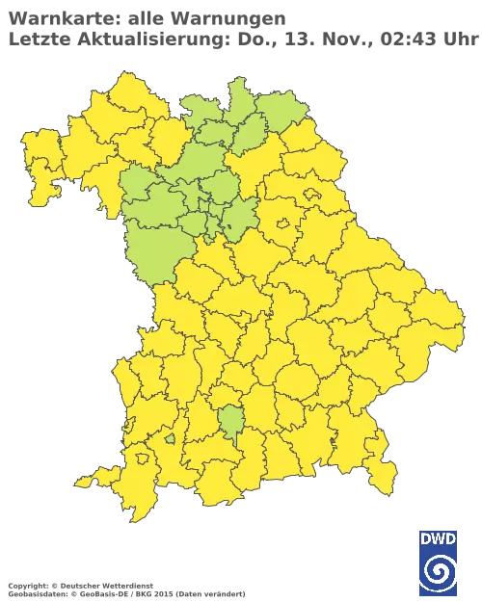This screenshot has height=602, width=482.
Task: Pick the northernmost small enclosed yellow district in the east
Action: pyautogui.click(x=313, y=195)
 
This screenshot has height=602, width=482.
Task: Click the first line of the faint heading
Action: pyautogui.click(x=145, y=18)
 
